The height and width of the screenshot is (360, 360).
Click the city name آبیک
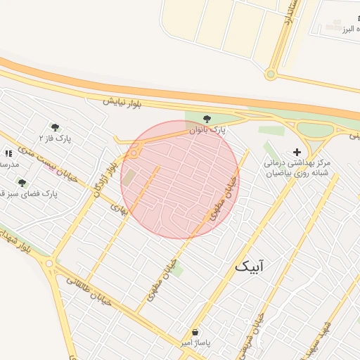(x=251, y=266)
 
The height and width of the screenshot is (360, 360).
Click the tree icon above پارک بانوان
(x=206, y=120)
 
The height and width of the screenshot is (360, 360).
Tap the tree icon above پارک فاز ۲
(x=55, y=127)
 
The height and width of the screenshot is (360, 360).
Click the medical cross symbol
(x=296, y=152)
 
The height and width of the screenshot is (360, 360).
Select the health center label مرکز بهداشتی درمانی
(x=304, y=162)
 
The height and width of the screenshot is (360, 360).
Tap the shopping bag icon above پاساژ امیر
(x=195, y=332)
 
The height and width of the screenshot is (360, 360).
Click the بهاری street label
(x=120, y=209)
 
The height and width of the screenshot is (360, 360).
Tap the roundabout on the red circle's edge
(x=134, y=152)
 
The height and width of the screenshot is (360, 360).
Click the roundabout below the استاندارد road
(x=271, y=74)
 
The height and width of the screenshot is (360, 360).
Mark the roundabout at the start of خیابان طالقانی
(x=49, y=264)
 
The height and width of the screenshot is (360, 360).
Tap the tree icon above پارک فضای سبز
(x=22, y=182)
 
